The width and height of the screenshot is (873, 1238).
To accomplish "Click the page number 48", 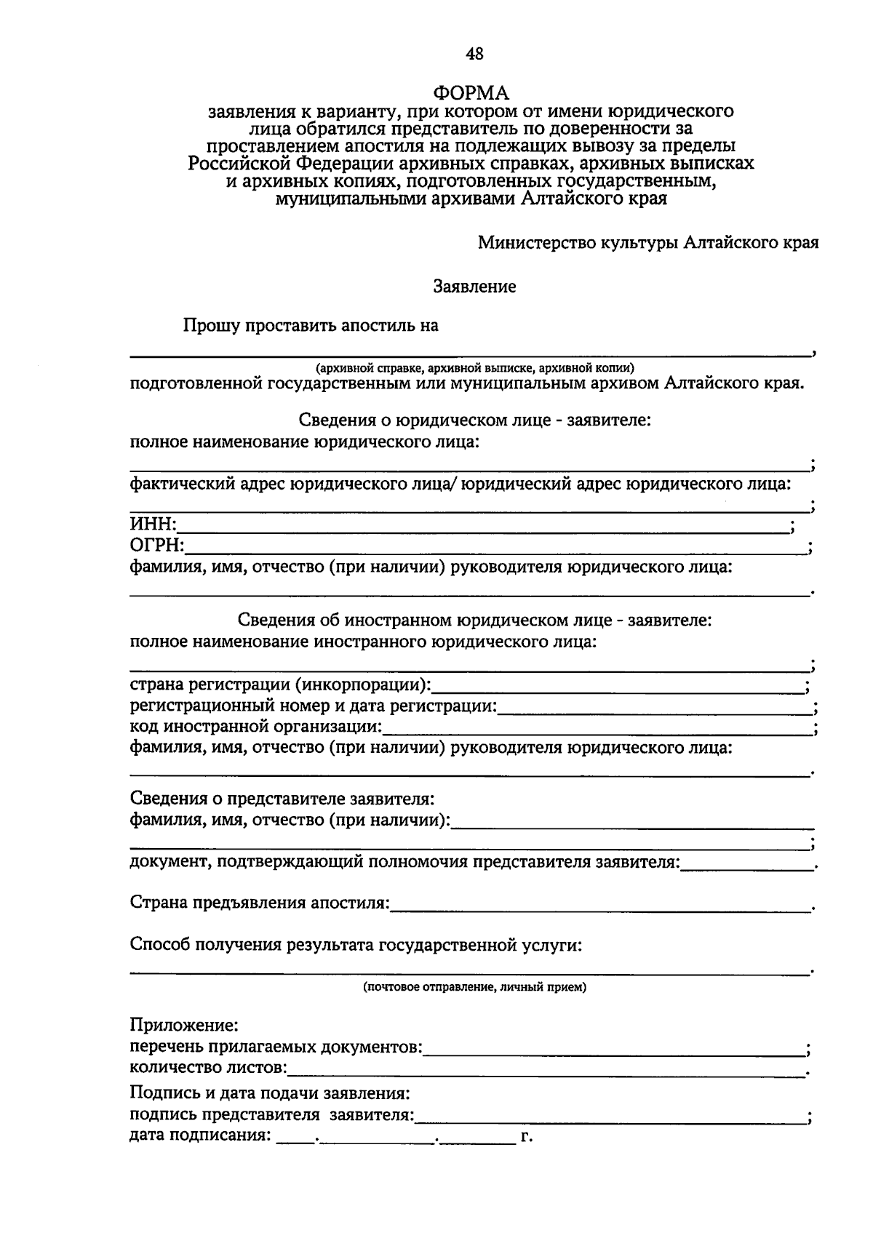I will pyautogui.click(x=474, y=53).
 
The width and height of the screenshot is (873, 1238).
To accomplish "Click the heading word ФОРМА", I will pyautogui.click(x=471, y=94).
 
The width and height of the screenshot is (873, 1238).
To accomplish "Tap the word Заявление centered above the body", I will pyautogui.click(x=474, y=287).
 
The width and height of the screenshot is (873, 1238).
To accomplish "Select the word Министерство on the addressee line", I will pyautogui.click(x=534, y=243).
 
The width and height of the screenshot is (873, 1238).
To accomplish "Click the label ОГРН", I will pyautogui.click(x=156, y=546).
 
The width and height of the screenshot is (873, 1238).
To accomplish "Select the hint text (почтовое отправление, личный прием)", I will pyautogui.click(x=474, y=987).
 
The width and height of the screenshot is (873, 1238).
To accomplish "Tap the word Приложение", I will pyautogui.click(x=183, y=1026).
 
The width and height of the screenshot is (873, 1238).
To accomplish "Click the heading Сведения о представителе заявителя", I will pyautogui.click(x=282, y=799).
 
